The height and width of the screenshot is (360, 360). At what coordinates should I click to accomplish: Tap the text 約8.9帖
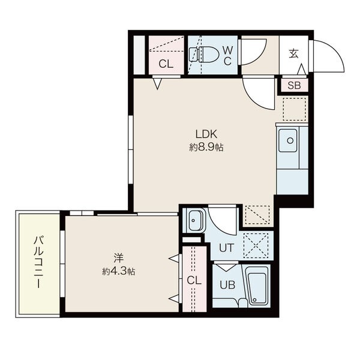coord(206,147)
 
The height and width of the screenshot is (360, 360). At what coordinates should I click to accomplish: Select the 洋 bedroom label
coord(118,259)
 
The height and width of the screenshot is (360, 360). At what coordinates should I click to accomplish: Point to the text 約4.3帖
coord(118,271)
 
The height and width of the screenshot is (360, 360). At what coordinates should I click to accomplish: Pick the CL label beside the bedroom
coord(194,280)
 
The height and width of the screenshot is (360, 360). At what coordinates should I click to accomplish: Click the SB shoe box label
coord(294,85)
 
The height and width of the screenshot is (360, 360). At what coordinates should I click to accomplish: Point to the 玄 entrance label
coord(294,53)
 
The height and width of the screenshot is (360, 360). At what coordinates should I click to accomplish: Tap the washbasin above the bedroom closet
coord(194,220)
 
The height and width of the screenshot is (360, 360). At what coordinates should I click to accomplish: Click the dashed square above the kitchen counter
coord(294,107)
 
